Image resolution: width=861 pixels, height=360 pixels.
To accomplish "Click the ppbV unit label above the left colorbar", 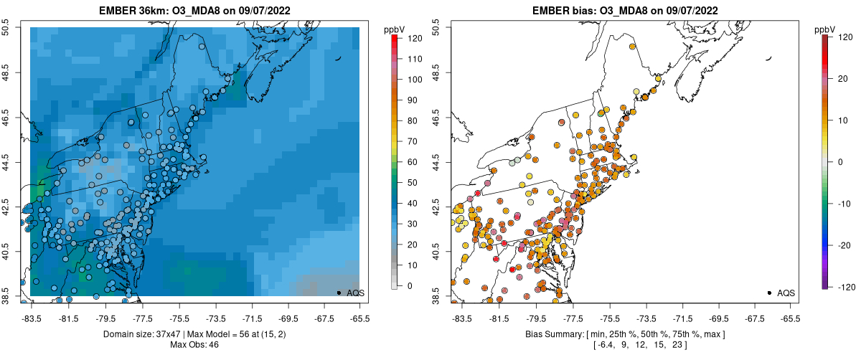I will coord(395,29).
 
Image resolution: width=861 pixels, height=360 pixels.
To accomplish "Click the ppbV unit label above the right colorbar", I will coord(824,29).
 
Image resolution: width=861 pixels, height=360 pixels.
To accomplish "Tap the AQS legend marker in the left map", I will coord(339,293).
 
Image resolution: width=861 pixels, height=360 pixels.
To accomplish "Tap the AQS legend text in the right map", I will coord(786,293).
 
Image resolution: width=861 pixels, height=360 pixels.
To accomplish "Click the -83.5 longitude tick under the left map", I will coord(32,317).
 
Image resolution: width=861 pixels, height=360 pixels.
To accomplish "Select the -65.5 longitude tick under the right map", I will coord(789,317).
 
